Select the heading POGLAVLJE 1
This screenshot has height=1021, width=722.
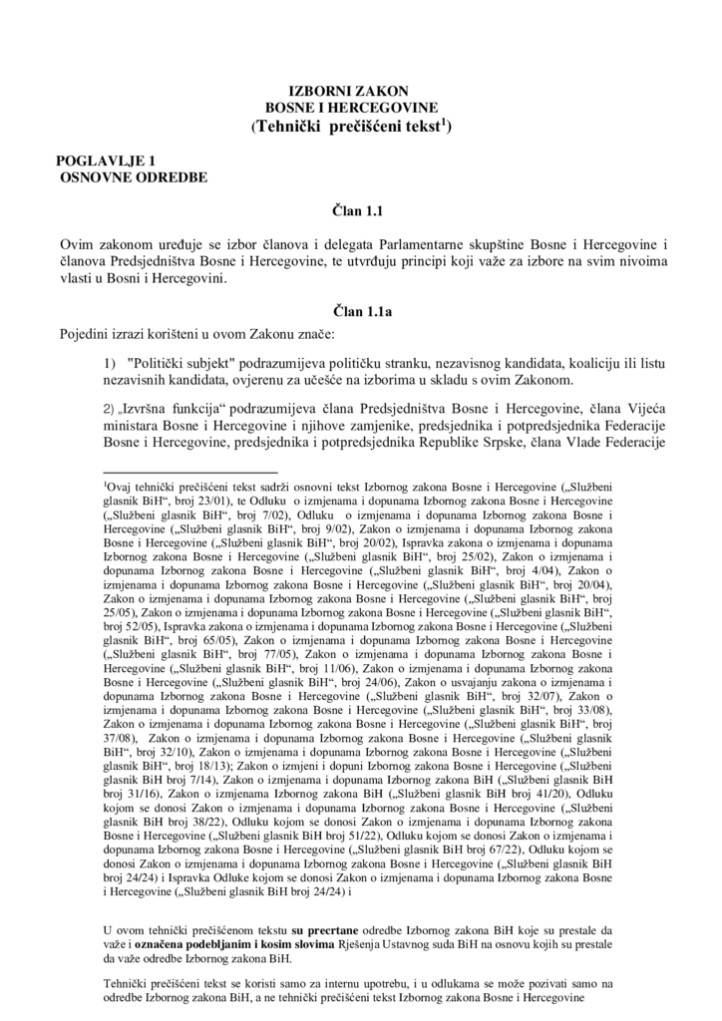coord(106,161)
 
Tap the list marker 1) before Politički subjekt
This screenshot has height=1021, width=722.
coord(111,364)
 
